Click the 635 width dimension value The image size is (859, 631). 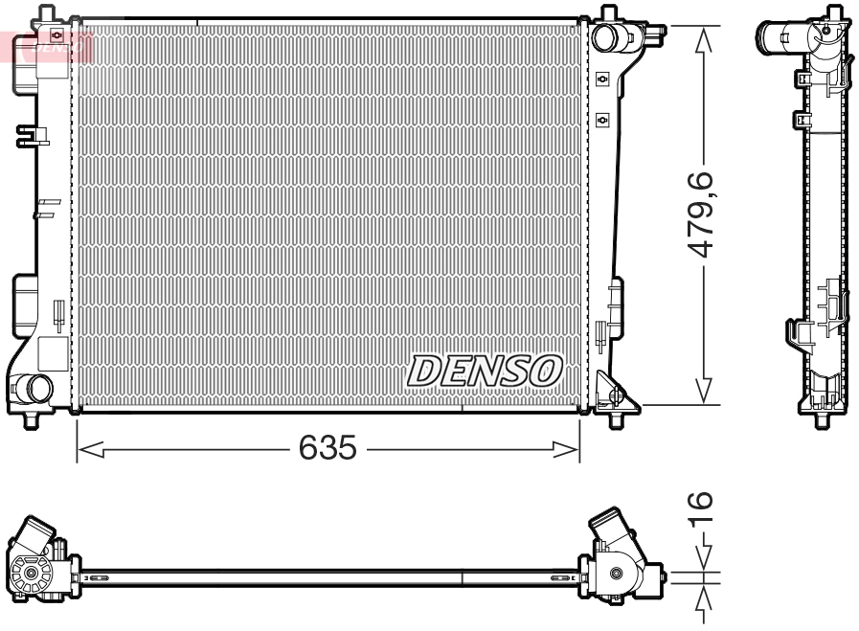click(328, 447)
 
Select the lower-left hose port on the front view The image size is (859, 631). click(37, 388)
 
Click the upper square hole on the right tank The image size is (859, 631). click(602, 79)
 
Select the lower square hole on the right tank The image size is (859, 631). click(602, 119)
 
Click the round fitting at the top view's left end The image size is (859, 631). click(33, 574)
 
